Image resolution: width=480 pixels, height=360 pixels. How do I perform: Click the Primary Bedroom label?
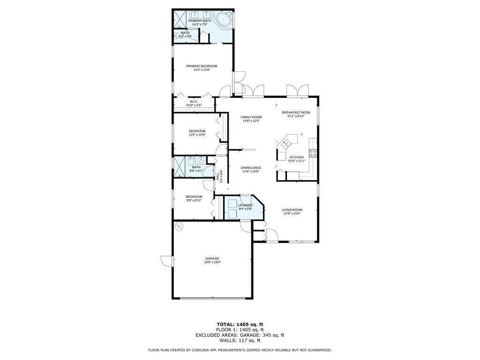[x=202, y=66]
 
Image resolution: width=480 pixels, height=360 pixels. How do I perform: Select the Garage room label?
[x=212, y=258]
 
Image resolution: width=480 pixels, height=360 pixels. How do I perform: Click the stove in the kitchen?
[x=313, y=153]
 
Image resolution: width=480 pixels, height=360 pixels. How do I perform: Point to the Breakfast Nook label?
[x=296, y=112]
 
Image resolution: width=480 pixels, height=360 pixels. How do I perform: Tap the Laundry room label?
[x=245, y=205]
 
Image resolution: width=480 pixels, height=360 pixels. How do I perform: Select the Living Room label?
[x=292, y=210]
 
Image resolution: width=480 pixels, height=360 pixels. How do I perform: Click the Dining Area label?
[x=251, y=167]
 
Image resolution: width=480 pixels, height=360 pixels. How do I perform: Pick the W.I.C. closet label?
[x=194, y=101]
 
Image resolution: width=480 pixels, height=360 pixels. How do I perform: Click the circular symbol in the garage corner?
[x=179, y=227]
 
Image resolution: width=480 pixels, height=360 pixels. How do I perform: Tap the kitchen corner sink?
[x=287, y=140]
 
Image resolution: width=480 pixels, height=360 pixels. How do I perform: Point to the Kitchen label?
[x=296, y=157]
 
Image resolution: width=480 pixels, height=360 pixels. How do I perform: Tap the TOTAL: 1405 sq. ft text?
[x=240, y=324]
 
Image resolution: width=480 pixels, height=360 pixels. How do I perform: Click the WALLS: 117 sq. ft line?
[x=240, y=340]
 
